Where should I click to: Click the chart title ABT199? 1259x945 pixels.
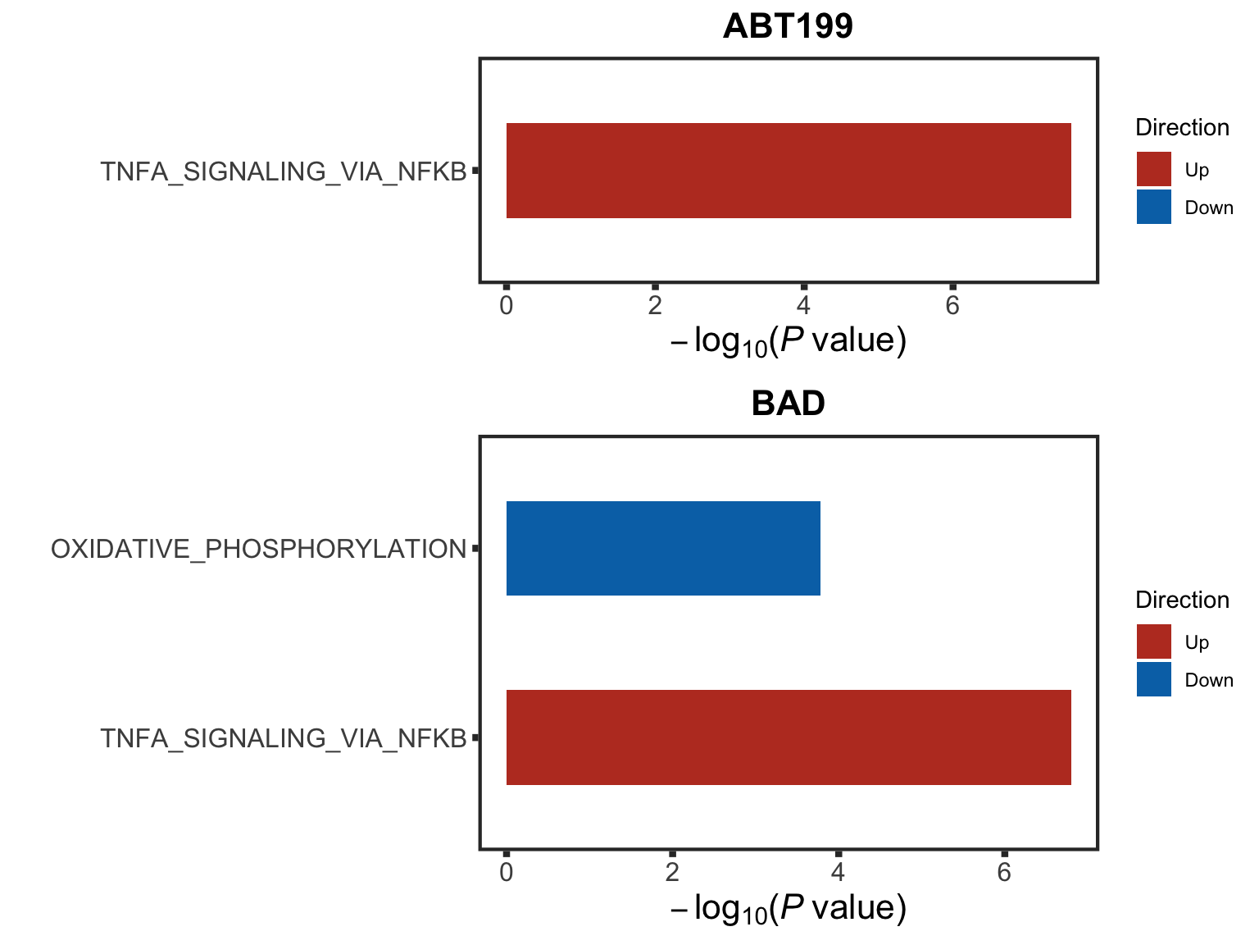[788, 26]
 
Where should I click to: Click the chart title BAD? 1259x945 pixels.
[788, 404]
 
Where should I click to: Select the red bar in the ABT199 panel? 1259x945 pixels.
[789, 171]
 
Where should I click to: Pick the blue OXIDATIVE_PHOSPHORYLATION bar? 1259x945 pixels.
[663, 548]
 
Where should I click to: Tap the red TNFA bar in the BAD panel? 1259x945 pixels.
[789, 737]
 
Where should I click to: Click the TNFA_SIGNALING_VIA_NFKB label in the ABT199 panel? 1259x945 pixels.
[283, 171]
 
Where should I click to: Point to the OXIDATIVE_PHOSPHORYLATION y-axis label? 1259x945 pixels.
[258, 549]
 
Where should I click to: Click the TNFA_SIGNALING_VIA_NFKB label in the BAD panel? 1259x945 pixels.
[283, 738]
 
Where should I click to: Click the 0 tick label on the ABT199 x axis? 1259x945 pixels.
[507, 306]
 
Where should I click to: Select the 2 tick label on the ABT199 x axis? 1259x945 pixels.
[655, 306]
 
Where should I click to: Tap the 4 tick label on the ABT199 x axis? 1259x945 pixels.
[804, 306]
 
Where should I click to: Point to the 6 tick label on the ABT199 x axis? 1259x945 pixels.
[952, 306]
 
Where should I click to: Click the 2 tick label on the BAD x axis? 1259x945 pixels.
[672, 873]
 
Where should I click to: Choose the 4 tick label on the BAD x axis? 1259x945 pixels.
[839, 873]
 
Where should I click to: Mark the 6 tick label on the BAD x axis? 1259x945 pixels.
[1004, 873]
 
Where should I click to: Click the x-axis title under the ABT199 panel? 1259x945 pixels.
[788, 340]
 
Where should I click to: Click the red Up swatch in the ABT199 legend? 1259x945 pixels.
[1153, 169]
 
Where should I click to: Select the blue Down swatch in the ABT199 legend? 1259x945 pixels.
[1153, 207]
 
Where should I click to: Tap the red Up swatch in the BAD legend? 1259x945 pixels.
[1153, 641]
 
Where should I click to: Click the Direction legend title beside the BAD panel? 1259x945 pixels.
[1182, 600]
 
